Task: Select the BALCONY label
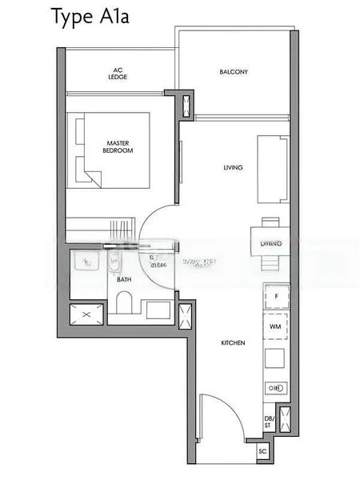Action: (x=234, y=72)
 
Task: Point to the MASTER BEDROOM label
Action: (x=118, y=146)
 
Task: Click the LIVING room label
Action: (x=233, y=167)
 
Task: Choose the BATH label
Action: (x=124, y=280)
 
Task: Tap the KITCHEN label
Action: (x=233, y=342)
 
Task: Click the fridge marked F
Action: (x=276, y=296)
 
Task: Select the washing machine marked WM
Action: (x=276, y=326)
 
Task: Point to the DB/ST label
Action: (x=268, y=423)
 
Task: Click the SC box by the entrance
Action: (x=263, y=451)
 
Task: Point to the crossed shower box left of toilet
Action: (x=84, y=314)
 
